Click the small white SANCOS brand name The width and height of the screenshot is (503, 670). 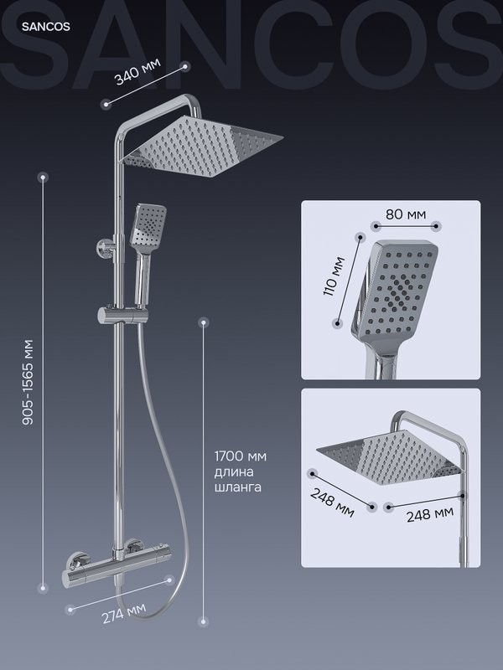pos(46,27)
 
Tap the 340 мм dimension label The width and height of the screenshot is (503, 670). pos(137,71)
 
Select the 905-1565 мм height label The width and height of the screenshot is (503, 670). pos(28,382)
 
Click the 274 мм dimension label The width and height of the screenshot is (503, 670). pos(124,613)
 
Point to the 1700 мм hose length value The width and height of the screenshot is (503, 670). pos(241,456)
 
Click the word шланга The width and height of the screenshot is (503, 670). pos(238,487)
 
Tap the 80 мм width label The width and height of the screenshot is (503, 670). pos(406,214)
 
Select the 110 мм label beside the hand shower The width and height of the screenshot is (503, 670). pos(334,276)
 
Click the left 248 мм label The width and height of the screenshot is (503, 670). pos(332,502)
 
